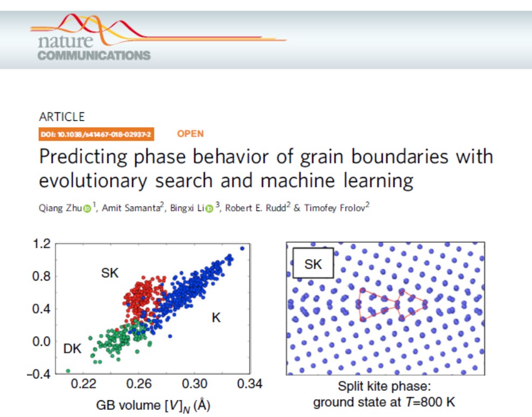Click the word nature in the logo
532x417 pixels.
pos(65,42)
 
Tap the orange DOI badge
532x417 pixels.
pos(96,134)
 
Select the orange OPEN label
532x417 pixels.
pos(190,134)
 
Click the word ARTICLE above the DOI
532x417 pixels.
pos(62,117)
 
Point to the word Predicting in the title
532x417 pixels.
pos(83,157)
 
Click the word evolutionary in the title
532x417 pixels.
pos(93,181)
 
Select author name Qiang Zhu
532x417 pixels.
pos(60,208)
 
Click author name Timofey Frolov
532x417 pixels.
pos(335,208)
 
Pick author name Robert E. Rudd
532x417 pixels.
pos(255,208)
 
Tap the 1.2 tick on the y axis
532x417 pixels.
pos(42,243)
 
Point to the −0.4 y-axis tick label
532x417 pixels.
pos(38,374)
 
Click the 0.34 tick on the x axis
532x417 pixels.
pos(250,384)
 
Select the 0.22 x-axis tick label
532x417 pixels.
pos(84,384)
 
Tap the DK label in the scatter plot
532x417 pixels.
pos(72,348)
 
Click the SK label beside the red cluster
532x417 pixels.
pos(110,273)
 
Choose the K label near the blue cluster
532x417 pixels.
pos(216,318)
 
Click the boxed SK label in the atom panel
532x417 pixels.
pos(313,264)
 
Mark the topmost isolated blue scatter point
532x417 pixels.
pos(242,249)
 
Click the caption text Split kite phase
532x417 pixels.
pos(384,386)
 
